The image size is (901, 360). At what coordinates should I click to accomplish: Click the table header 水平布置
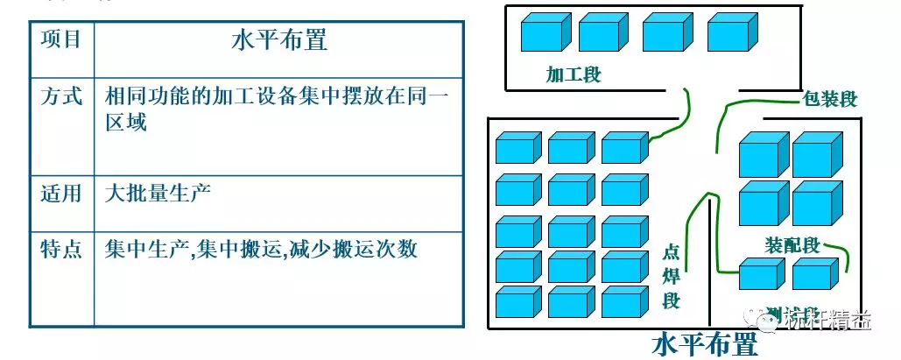coord(279,40)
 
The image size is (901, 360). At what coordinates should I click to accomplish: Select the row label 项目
coord(61,39)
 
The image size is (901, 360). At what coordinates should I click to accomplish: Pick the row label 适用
coord(61,192)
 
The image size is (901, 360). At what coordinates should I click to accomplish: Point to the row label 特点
coord(61,249)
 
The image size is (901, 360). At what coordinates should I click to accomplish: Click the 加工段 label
coord(574,74)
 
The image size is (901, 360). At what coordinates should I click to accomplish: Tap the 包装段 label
coord(830,99)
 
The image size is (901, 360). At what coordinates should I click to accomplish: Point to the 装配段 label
coord(792,245)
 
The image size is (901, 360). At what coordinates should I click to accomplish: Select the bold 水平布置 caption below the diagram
coord(705,344)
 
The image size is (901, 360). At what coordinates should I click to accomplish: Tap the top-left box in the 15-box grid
coord(518,148)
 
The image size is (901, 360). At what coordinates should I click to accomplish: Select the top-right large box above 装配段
coord(816,156)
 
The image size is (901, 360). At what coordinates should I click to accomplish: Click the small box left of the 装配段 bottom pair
coord(757,274)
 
